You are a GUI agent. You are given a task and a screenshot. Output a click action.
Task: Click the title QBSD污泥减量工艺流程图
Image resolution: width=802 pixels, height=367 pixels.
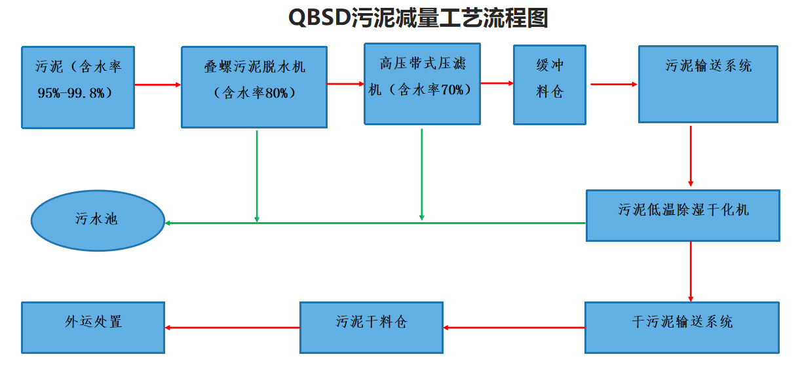click(x=418, y=18)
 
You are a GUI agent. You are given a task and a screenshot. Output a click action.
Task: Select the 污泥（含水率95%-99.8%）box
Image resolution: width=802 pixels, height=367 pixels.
click(x=78, y=87)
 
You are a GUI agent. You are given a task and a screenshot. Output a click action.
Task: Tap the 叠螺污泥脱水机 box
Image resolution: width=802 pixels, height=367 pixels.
click(x=254, y=87)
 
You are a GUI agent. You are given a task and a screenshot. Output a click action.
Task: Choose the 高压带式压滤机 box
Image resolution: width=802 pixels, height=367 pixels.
click(x=422, y=83)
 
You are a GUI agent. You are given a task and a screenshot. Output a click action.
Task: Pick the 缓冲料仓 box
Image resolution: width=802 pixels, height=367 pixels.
click(x=549, y=85)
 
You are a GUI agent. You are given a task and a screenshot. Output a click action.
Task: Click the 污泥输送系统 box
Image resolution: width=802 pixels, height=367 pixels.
click(x=708, y=84)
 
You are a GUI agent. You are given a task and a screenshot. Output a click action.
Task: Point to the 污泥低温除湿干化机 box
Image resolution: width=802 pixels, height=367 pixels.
click(x=683, y=216)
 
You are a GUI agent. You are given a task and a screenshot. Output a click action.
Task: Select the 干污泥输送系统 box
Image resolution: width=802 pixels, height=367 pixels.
click(x=682, y=327)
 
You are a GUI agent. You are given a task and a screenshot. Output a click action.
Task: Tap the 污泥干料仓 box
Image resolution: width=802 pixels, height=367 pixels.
click(x=371, y=327)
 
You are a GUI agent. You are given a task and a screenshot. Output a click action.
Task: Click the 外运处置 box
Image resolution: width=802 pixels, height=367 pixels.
click(x=93, y=327)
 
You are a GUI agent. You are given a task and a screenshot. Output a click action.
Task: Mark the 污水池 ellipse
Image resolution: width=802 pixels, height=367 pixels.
click(x=97, y=220)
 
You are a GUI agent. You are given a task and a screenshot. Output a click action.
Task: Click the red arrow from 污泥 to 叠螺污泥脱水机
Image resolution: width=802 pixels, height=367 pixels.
click(x=157, y=85)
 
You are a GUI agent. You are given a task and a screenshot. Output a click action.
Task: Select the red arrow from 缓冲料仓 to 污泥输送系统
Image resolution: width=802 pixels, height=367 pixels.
click(x=613, y=84)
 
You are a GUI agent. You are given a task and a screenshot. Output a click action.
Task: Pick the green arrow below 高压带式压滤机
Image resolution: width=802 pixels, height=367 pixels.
click(x=421, y=174)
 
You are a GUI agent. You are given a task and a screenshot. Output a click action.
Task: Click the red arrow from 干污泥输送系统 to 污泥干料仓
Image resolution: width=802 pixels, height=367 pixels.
click(x=514, y=327)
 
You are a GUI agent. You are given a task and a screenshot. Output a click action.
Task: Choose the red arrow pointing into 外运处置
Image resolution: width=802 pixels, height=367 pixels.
click(x=232, y=328)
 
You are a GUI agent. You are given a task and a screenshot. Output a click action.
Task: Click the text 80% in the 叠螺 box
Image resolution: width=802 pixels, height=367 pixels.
click(x=276, y=93)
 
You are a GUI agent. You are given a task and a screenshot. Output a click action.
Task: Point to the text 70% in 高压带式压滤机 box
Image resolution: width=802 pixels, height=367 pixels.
click(x=451, y=90)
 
